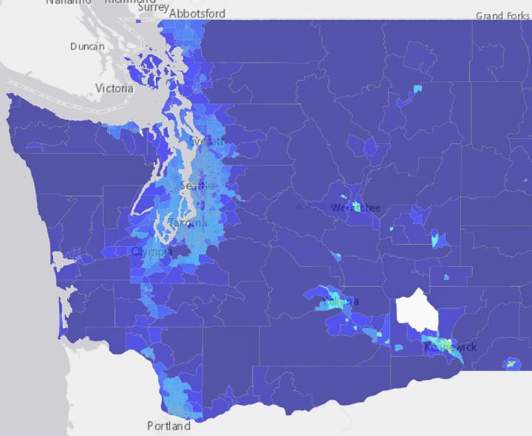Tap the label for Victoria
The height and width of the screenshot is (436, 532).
coord(115,89)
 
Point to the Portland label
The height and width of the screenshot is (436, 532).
coord(168,426)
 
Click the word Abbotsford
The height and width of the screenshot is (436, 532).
coord(197,13)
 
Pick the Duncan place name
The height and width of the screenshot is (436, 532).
coord(87,46)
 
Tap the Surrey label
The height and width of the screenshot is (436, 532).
coord(153,7)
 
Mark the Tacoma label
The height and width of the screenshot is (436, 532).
coord(188,222)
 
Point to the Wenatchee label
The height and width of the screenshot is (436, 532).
coord(355,208)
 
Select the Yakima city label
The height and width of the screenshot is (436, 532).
coord(340,302)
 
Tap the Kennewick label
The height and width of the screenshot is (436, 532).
coord(450,347)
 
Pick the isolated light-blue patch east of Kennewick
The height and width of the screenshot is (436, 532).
coord(511,364)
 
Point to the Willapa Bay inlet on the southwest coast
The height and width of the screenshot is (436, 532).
coord(65,315)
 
